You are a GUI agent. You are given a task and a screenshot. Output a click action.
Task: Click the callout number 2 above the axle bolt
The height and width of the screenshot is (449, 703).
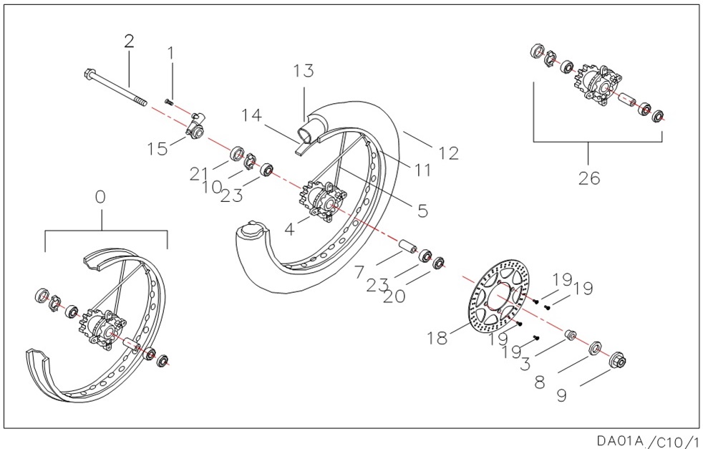click(x=129, y=41)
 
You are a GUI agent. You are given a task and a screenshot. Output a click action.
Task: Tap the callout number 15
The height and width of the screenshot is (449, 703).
click(x=157, y=148)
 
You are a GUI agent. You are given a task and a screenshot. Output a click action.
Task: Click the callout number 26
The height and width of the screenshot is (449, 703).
click(x=589, y=178)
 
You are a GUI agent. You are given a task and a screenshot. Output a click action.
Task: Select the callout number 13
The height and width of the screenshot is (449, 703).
click(x=304, y=71)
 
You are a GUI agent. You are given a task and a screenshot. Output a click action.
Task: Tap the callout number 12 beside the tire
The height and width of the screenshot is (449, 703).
click(x=449, y=153)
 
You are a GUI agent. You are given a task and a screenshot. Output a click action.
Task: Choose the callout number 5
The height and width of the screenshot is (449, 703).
click(x=422, y=210)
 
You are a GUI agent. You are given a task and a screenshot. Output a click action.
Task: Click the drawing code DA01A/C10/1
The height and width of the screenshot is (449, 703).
click(x=648, y=440)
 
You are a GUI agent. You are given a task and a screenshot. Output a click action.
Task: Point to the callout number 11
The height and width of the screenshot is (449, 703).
click(x=424, y=171)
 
